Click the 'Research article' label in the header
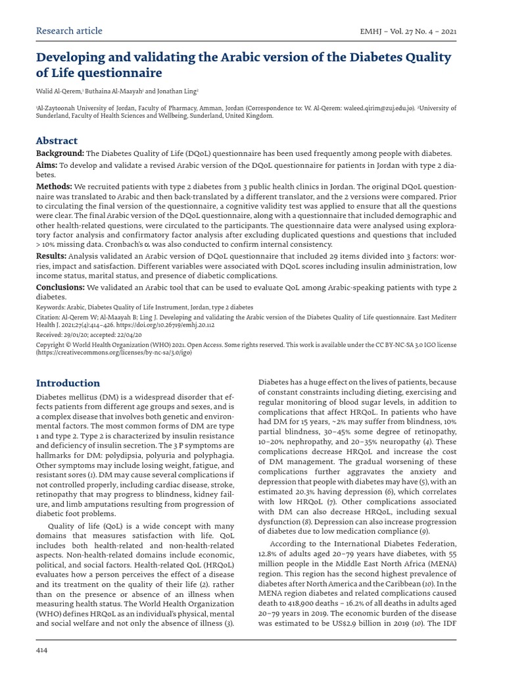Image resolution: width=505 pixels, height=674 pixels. coord(69,31)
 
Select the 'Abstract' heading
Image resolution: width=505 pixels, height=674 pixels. coord(57,141)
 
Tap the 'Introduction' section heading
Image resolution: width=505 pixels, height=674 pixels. coord(68,383)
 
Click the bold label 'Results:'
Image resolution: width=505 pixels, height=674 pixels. coord(51,255)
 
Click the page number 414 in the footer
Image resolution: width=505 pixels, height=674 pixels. coord(42,651)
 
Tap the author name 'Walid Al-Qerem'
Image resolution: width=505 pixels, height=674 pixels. coord(57,90)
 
